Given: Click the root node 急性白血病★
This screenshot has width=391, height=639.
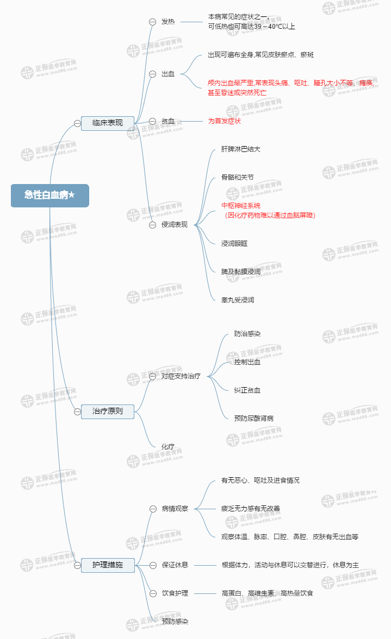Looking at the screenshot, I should coord(49,195).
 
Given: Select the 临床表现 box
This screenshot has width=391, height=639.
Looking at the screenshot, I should coord(107,123).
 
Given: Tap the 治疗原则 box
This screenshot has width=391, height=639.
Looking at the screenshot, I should coord(107,412).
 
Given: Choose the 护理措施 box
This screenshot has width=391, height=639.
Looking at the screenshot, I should coord(107,565).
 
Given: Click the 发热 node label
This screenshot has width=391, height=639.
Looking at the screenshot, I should coord(168,22).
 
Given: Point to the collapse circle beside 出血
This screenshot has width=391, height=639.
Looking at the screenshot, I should coord(152,74).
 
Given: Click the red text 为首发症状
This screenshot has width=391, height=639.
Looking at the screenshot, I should coord(224,121).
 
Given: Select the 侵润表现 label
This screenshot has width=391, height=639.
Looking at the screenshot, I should coord(174,225).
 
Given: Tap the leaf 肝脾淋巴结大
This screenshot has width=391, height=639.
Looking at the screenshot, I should coord(240,149).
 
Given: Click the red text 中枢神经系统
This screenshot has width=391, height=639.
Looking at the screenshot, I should coord(241,206).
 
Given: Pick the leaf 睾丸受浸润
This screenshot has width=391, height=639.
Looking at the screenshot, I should coord(238,300).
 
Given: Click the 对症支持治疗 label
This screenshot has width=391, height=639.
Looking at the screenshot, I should coord(181,376).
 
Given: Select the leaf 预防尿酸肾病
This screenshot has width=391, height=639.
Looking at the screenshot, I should coord(254,419).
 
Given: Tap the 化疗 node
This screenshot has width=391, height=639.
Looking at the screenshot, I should coord(168,447).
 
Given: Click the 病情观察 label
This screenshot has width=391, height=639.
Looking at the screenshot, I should coord(175,509).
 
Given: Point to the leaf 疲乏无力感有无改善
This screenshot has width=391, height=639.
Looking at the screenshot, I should coord(250,509).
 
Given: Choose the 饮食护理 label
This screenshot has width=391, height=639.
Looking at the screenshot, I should coord(175,593).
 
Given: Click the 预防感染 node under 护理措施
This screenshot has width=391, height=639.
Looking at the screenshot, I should coord(175,622).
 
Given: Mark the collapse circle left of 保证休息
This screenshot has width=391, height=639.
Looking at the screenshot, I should coord(152,565).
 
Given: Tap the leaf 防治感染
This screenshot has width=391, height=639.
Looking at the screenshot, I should coord(247,334).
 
